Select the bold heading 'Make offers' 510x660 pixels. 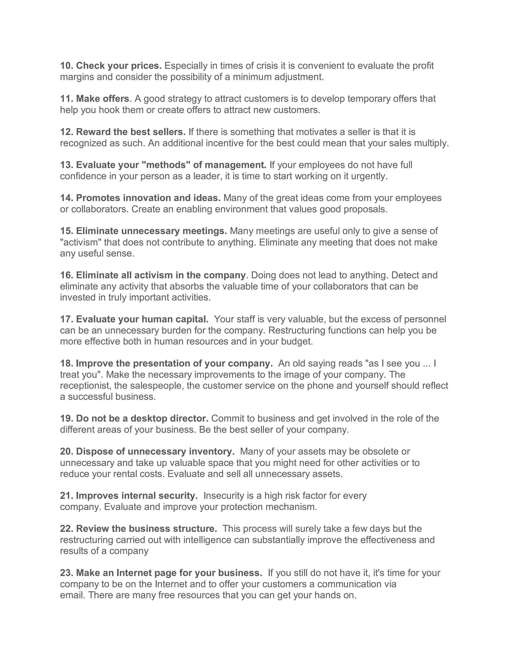pos(102,99)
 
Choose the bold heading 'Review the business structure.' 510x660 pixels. pos(146,528)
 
